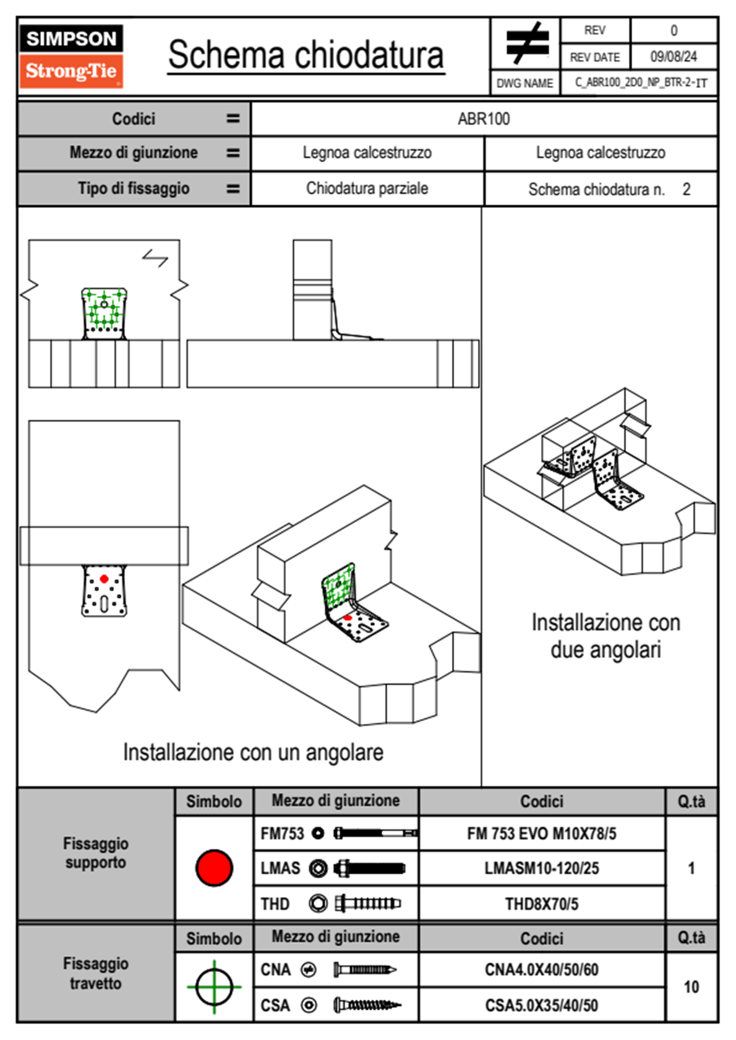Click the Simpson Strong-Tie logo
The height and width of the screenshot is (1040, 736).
point(71,56)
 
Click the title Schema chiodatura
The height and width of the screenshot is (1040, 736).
point(306,54)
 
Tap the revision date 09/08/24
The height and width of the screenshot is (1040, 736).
point(674,57)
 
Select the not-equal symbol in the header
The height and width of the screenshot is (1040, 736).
point(527,43)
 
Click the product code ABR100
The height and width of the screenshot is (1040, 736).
point(484,119)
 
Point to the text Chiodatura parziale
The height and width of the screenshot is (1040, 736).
point(367,188)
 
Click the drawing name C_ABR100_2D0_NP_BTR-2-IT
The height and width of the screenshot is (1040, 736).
point(641,83)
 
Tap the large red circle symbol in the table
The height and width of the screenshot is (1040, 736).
point(214,868)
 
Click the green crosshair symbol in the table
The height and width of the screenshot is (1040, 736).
point(214,987)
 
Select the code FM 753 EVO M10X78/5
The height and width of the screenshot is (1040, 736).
point(542,834)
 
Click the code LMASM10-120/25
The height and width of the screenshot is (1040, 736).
point(542,869)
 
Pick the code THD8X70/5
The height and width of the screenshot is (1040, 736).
point(542,904)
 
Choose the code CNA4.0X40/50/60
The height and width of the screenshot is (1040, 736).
point(542,970)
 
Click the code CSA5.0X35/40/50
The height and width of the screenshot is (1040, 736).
point(542,1005)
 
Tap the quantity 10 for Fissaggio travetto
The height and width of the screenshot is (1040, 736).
point(691,987)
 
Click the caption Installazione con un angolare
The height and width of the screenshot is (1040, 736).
point(253,752)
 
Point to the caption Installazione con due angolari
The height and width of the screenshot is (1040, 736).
point(606,636)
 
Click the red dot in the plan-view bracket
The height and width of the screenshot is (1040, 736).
point(104,579)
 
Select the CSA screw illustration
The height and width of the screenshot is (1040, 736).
point(367,1005)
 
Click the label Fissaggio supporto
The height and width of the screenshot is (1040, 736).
point(96,853)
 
